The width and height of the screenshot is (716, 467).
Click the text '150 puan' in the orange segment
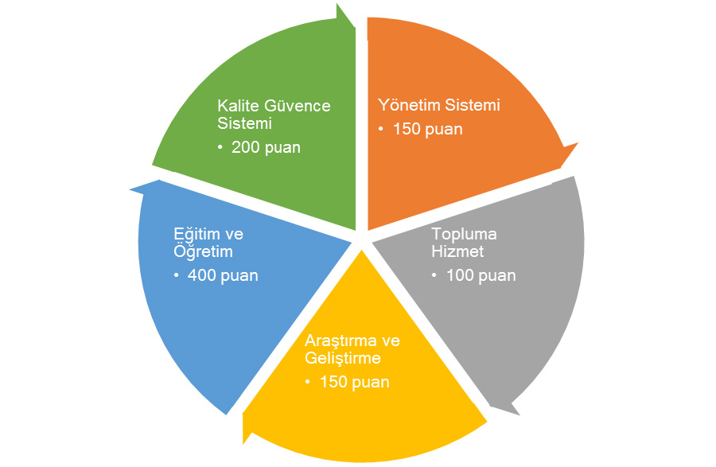[427, 129]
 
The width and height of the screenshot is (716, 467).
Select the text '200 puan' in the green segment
[266, 147]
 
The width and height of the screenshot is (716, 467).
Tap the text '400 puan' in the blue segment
[223, 275]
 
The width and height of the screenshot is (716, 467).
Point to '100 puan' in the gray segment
[481, 275]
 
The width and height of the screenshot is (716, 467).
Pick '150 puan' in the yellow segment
[354, 382]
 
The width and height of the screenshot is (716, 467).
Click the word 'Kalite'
[236, 106]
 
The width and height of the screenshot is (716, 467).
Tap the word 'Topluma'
[464, 235]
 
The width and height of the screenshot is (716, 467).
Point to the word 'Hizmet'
[457, 252]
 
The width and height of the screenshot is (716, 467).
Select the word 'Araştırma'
[340, 341]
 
